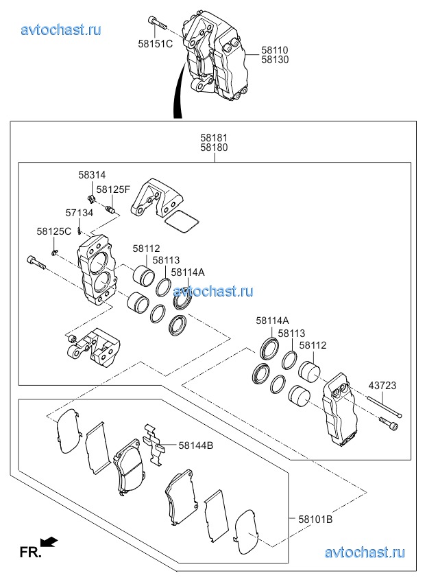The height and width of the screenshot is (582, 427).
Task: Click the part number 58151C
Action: tap(156, 44)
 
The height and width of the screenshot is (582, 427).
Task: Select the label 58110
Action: tap(275, 50)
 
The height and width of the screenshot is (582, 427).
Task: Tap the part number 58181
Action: tap(215, 137)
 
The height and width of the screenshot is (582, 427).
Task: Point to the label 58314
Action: tap(91, 176)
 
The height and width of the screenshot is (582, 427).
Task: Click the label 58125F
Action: tap(113, 189)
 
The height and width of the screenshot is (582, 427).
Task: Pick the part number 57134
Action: tap(80, 213)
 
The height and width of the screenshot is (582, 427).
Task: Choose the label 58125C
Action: tap(54, 231)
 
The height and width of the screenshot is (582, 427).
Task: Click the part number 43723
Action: tap(382, 386)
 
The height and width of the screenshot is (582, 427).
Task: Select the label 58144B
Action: tap(196, 445)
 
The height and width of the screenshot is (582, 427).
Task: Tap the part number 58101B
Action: tap(315, 520)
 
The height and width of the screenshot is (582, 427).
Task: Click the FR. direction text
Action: tap(30, 551)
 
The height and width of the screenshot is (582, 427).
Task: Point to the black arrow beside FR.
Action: tap(50, 543)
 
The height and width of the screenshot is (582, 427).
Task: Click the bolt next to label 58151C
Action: tap(157, 22)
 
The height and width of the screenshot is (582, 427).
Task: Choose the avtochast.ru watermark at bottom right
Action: tap(364, 552)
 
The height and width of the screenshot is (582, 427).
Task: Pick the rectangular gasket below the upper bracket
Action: tap(182, 221)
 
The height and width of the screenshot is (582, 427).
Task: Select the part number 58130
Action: tap(275, 60)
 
